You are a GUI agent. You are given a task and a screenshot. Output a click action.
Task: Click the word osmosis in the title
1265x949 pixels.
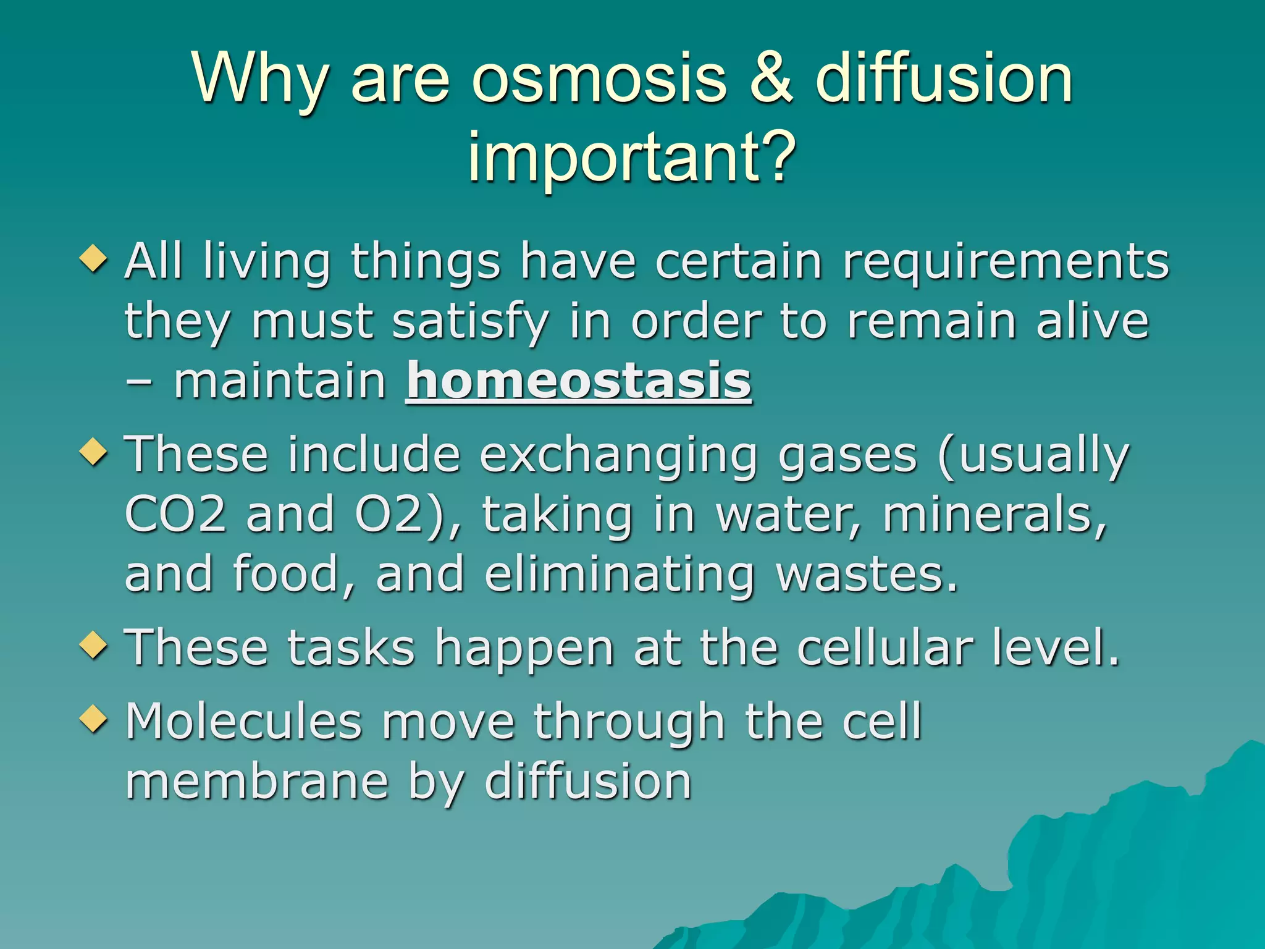599,79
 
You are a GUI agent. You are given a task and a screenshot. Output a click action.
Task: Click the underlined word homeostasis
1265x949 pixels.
579,381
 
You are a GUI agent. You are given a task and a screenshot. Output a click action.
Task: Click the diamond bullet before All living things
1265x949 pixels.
94,258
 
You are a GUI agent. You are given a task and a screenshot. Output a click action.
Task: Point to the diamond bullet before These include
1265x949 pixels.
94,452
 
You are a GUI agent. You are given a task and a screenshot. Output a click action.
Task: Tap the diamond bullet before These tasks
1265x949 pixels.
94,646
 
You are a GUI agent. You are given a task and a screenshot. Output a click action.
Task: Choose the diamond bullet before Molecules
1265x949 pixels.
94,719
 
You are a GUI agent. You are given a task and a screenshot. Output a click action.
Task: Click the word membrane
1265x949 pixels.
256,781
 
